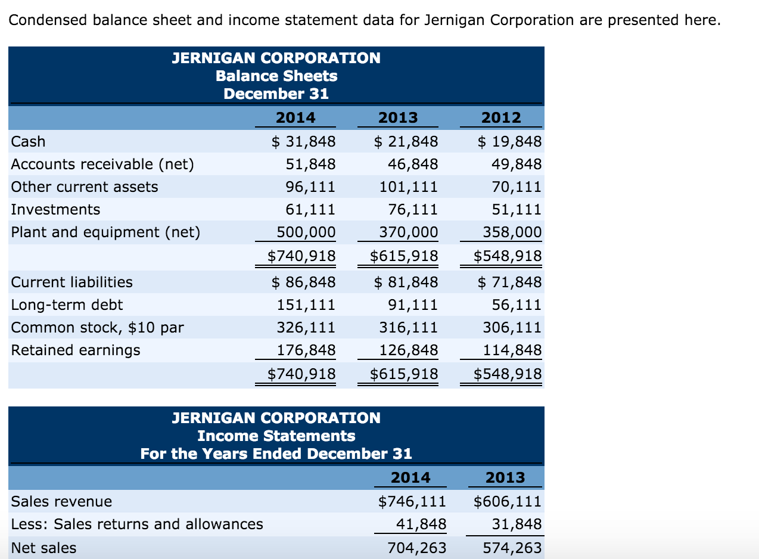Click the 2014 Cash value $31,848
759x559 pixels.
(303, 142)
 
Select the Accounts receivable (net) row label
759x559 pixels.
(102, 164)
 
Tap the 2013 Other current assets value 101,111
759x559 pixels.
(408, 187)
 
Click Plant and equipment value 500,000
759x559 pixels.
(306, 232)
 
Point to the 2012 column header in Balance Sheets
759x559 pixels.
(501, 118)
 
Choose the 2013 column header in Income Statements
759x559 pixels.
(505, 478)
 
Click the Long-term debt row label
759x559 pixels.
(67, 305)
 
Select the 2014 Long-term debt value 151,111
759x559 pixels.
(306, 305)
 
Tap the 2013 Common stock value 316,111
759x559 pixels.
(408, 328)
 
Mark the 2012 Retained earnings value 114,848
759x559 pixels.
(512, 350)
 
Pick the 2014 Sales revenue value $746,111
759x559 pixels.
(412, 502)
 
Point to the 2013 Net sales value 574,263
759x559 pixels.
(512, 547)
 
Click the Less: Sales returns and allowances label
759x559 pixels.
(137, 524)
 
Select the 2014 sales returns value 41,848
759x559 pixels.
(421, 524)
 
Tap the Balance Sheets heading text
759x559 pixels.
(276, 76)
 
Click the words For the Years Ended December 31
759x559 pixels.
(276, 454)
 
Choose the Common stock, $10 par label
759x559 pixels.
(98, 328)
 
